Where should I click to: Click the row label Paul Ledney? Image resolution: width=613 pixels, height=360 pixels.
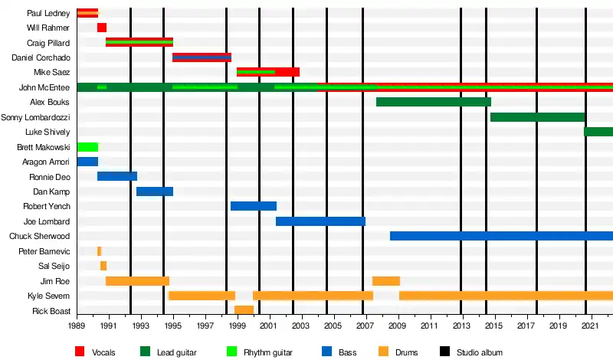[x=48, y=13]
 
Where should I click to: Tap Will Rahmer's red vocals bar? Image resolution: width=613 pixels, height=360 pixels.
[x=102, y=28]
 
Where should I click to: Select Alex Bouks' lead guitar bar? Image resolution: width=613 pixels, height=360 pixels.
[x=433, y=102]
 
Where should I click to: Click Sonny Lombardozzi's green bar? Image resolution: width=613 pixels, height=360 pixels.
[x=537, y=117]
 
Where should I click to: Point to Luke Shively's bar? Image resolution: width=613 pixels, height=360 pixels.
[x=598, y=132]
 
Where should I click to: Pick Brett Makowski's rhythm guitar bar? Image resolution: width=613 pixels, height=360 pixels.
[x=87, y=147]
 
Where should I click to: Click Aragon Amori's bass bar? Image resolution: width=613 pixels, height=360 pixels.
[x=87, y=162]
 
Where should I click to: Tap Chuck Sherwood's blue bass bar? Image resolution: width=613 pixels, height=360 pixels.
[x=501, y=236]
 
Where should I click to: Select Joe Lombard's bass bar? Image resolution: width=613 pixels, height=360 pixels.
[x=320, y=221]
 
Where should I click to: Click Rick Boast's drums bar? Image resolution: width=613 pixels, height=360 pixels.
[x=244, y=310]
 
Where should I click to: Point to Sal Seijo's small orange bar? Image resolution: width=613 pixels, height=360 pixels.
[x=103, y=266]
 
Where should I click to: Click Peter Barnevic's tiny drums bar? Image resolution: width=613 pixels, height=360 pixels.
[x=99, y=251]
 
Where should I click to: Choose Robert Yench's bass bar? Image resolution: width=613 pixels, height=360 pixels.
[x=253, y=206]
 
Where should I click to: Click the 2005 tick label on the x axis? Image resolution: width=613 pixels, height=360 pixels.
[x=333, y=326]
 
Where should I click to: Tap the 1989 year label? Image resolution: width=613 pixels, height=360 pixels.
[x=77, y=326]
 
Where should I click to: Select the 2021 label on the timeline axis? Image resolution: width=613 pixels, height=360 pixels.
[x=590, y=326]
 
